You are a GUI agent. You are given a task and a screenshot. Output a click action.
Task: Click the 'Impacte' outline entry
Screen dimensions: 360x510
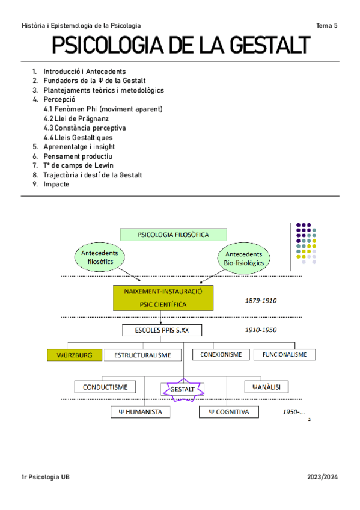pyautogui.click(x=56, y=185)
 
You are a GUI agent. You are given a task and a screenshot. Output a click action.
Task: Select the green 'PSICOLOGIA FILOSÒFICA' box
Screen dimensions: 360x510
pyautogui.click(x=173, y=235)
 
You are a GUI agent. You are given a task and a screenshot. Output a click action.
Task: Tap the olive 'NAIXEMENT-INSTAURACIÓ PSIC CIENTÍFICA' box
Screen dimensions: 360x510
pyautogui.click(x=163, y=298)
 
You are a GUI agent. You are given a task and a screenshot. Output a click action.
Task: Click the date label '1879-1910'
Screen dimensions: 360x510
pyautogui.click(x=260, y=300)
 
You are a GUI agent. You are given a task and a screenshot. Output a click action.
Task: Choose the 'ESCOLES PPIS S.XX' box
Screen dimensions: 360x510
pyautogui.click(x=162, y=330)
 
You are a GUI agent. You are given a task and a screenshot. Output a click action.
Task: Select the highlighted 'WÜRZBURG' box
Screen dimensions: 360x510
pyautogui.click(x=74, y=355)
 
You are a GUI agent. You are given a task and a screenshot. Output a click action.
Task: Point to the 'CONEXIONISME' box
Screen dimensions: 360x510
pyautogui.click(x=221, y=354)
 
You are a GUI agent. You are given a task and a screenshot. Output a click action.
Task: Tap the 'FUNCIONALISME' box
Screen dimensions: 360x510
pyautogui.click(x=284, y=354)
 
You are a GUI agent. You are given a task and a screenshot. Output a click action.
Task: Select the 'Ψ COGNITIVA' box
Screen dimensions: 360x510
pyautogui.click(x=229, y=412)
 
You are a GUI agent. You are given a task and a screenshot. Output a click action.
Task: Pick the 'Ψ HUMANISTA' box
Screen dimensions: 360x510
pyautogui.click(x=141, y=412)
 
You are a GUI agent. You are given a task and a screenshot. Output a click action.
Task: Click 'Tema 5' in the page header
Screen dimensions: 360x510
pyautogui.click(x=327, y=25)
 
